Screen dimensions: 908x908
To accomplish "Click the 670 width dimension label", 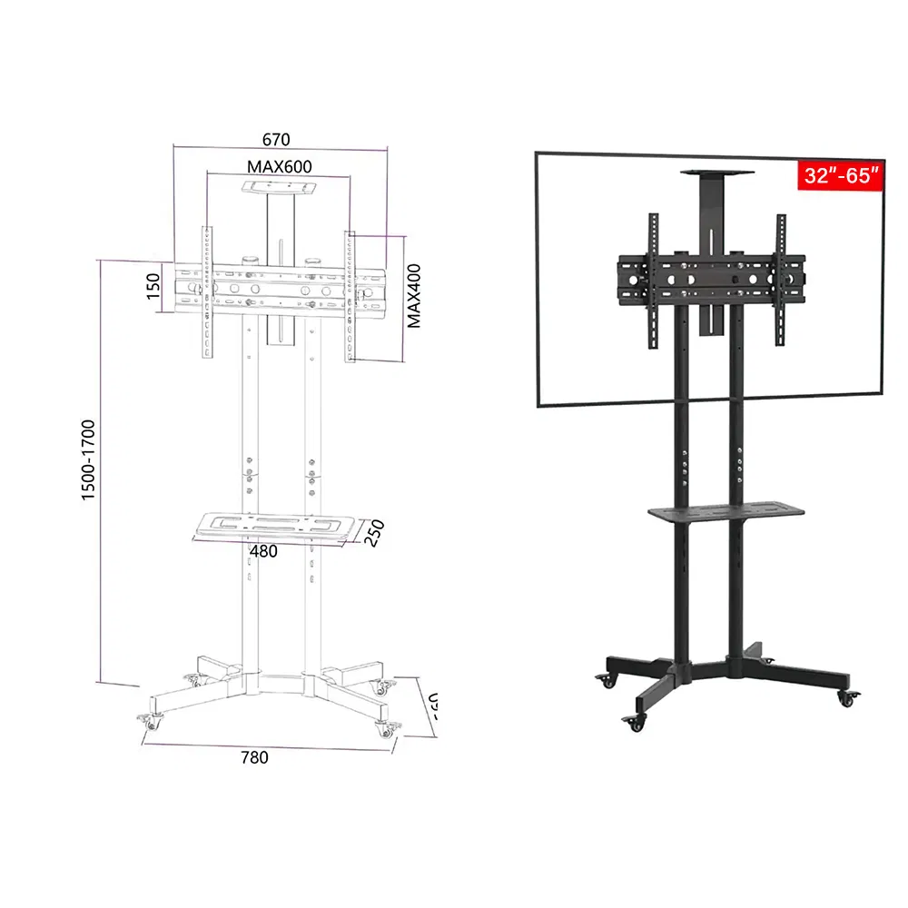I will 275,140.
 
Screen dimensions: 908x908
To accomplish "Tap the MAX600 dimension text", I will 279,167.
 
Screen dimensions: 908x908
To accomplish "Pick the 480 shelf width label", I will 263,550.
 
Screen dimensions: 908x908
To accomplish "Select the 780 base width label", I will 254,756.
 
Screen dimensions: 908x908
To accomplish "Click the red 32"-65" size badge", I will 840,175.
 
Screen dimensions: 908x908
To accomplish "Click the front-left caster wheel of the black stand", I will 633,723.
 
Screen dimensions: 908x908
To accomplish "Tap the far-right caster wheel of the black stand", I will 848,697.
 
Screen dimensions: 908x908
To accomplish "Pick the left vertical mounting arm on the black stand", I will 652,281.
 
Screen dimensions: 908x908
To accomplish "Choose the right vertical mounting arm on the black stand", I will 780,281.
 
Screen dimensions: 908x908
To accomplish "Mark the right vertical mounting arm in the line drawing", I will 350,296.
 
